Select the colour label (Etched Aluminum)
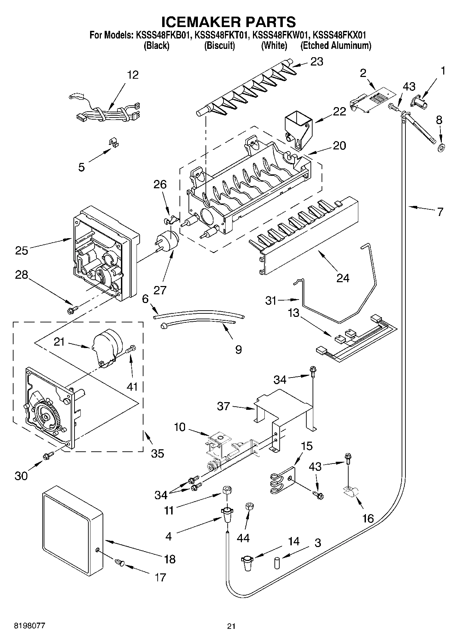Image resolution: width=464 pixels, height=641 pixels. pos(335,45)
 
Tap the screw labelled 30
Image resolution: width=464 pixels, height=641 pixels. pos(48,456)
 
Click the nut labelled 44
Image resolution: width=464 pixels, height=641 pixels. pos(249,506)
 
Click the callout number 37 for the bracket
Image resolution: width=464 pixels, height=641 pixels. pos(223,406)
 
